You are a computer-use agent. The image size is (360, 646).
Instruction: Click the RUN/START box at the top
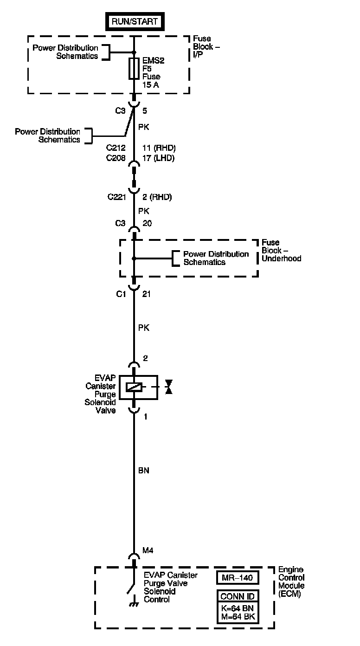point(135,21)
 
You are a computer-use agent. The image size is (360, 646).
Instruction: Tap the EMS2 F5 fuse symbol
point(134,69)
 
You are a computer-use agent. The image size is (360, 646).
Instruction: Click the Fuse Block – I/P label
point(203,47)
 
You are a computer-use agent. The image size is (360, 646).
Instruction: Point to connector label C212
point(116,148)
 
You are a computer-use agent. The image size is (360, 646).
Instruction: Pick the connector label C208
point(116,158)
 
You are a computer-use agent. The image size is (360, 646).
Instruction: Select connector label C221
point(117,197)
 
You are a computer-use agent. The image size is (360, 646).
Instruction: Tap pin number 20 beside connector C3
point(147,223)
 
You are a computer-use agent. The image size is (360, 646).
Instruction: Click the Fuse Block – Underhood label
point(281,250)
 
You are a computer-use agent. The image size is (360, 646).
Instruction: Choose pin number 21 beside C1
point(147,294)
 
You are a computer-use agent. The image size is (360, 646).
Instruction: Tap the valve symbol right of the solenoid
point(169,387)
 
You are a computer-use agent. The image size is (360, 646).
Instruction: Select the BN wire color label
point(144,470)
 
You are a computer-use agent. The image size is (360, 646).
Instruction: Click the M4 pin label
point(148,550)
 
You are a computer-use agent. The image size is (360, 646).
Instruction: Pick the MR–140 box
point(237,577)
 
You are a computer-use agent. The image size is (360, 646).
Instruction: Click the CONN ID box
point(237,596)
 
